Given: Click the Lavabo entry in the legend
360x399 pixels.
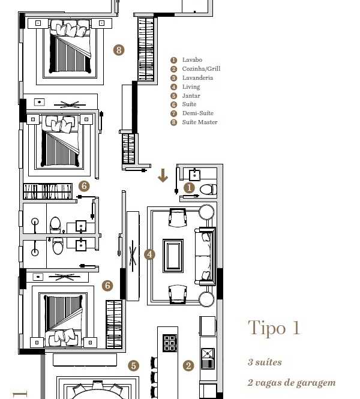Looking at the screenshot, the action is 192,60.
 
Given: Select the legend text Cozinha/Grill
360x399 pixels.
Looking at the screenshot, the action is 201,69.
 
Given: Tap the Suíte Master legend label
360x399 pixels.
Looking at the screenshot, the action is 200,122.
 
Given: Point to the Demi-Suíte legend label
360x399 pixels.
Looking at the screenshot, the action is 197,113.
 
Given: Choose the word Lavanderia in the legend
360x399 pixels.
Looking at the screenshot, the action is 197,77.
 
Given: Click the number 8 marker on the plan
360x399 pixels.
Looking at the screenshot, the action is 119,50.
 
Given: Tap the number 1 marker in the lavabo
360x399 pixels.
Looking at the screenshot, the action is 189,188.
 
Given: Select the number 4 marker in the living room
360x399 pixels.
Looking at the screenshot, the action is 149,254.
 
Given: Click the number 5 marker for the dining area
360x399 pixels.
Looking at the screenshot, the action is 133,365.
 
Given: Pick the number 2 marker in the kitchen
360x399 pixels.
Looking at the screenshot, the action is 188,365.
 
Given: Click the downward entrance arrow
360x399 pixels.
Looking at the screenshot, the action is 163,175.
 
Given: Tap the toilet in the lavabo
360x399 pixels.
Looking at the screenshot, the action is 208,190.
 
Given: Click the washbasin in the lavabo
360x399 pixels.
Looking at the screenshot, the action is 194,175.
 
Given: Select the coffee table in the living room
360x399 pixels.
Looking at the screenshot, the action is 173,256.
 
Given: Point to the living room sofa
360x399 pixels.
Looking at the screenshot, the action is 205,256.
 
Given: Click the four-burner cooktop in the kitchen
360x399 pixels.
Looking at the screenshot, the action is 170,343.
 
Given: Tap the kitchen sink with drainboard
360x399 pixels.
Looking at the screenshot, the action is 208,359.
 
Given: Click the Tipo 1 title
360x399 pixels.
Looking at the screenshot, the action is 274,328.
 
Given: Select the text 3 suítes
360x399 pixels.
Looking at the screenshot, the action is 265,362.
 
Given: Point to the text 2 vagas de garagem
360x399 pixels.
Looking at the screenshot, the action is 292,383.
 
